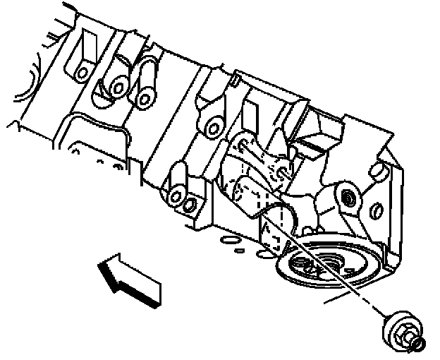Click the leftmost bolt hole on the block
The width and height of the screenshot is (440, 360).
[82, 71]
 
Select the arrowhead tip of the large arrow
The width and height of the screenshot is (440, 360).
[101, 267]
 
